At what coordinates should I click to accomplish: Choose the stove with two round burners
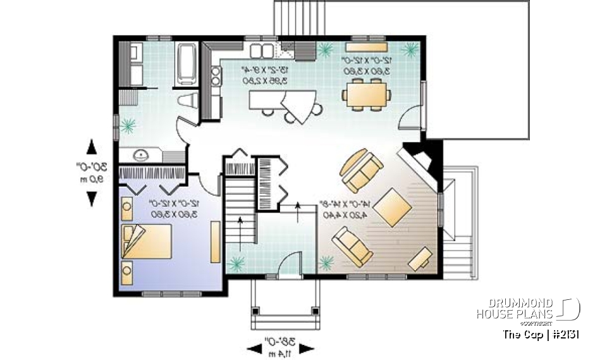[216, 75]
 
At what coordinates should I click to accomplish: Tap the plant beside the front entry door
[326, 261]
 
